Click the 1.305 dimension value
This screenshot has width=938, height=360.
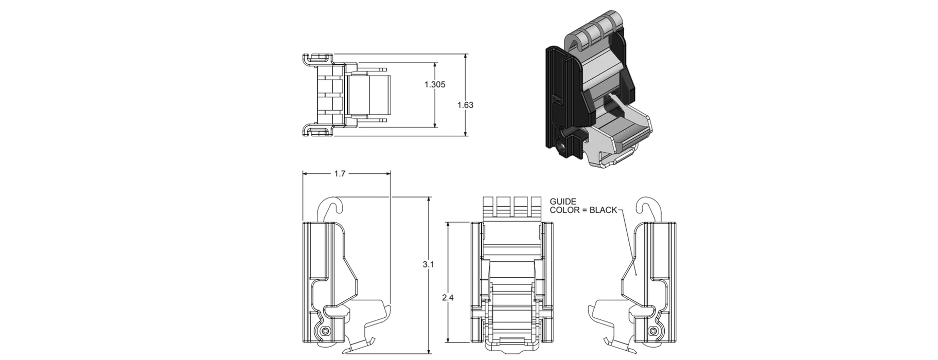[x=435, y=85]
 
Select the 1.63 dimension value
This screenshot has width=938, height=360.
[x=465, y=105]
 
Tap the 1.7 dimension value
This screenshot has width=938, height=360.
[x=340, y=174]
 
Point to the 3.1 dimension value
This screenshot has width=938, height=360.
[x=428, y=264]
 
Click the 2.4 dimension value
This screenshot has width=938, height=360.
[x=449, y=297]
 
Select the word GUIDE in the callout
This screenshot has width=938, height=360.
[x=563, y=202]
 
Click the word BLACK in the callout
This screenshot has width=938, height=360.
[x=603, y=210]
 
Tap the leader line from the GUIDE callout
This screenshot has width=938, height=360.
[x=629, y=242]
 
